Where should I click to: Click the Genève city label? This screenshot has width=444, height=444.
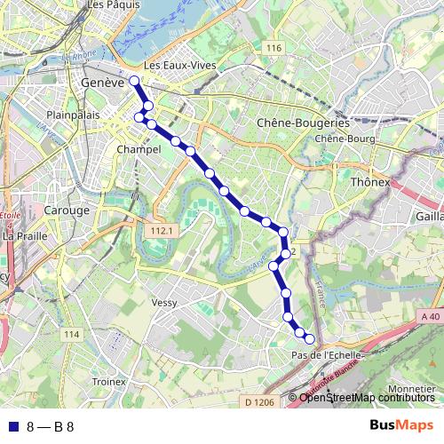(100, 81)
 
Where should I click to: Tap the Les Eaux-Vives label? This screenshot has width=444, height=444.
(179, 67)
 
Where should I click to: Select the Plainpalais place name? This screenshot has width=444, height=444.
(70, 115)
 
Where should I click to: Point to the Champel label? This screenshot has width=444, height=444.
(139, 150)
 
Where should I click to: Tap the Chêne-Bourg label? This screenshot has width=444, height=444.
(341, 139)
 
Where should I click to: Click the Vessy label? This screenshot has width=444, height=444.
(164, 303)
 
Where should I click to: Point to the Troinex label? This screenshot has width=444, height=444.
(108, 381)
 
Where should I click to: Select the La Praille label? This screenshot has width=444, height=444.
(25, 236)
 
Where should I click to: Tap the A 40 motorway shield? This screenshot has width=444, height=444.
(430, 316)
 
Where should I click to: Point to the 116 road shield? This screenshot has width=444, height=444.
(272, 47)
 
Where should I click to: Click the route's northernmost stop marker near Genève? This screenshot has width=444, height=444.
(135, 81)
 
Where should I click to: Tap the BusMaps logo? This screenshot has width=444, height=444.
(400, 425)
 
